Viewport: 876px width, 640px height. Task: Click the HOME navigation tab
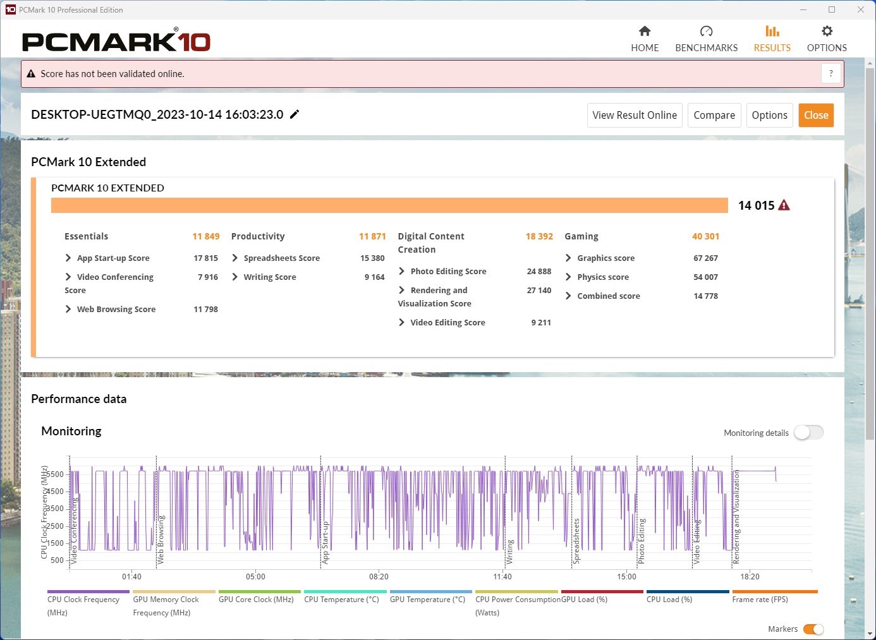645,39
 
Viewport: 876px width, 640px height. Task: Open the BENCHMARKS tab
706,39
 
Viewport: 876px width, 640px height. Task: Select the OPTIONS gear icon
827,32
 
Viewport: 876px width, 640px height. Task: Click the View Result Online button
635,115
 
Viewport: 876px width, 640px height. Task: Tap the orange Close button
816,115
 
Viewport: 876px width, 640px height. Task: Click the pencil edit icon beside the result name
295,114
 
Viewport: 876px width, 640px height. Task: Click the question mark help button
831,73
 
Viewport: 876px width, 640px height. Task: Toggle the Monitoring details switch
808,433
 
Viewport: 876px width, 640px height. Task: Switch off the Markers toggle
813,629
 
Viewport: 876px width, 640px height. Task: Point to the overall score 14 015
756,205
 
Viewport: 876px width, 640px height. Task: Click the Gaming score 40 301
705,236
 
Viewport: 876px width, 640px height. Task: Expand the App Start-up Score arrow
68,258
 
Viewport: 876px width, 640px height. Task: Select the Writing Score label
270,277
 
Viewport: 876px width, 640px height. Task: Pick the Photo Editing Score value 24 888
538,272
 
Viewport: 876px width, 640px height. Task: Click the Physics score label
603,277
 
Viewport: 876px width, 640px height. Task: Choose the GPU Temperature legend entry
427,600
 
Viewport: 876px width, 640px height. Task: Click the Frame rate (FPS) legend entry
760,600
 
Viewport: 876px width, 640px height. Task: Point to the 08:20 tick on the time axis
379,576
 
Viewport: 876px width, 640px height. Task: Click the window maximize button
832,9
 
